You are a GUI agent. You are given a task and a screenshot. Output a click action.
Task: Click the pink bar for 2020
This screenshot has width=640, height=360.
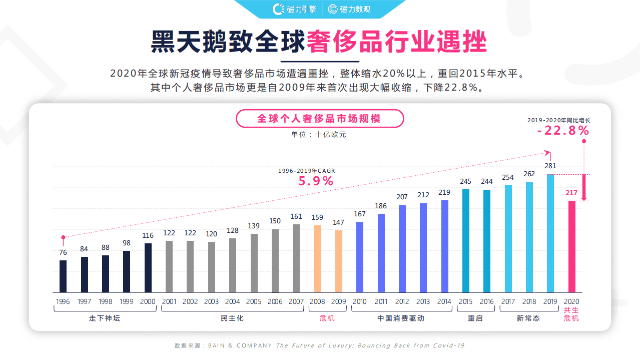coord(571,246)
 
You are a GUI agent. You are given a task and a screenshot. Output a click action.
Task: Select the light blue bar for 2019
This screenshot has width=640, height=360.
coord(550,233)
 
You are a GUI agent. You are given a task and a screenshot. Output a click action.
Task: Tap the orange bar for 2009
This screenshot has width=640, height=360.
coord(339,261)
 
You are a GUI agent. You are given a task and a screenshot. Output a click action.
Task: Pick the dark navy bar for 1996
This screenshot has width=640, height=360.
coord(63,276)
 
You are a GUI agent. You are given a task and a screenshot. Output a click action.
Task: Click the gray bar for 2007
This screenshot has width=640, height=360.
coord(296,258)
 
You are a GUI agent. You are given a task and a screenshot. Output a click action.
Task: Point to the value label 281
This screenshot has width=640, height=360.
coord(550,166)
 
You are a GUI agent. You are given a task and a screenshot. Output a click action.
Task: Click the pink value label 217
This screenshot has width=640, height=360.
coord(571,193)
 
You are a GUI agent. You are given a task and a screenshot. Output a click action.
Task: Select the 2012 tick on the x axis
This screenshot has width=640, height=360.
coord(402,301)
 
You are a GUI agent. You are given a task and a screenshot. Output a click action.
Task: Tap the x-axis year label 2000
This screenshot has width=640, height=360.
coord(148,301)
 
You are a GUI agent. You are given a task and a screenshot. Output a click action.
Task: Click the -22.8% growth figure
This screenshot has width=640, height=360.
coord(563,131)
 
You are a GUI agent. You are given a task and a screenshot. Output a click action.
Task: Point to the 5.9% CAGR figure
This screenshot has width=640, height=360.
coord(316,181)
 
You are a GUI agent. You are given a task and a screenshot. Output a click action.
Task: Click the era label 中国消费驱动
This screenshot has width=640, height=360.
coord(401,318)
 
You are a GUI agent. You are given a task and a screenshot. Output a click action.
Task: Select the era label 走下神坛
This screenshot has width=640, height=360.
coord(105,318)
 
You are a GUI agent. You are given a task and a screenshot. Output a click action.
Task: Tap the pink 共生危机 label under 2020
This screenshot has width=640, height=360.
coord(571,314)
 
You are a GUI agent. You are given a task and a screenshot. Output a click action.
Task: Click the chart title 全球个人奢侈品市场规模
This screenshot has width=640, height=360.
coord(319,119)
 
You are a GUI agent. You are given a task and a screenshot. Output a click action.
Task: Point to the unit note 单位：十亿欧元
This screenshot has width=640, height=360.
coord(319,134)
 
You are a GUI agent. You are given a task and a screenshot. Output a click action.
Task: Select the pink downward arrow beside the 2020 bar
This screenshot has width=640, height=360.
coord(584,188)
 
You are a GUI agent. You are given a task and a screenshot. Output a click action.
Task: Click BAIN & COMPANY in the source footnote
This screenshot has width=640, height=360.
coord(240,345)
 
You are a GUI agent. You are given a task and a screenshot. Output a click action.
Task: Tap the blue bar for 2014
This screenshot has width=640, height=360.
coord(444,246)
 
